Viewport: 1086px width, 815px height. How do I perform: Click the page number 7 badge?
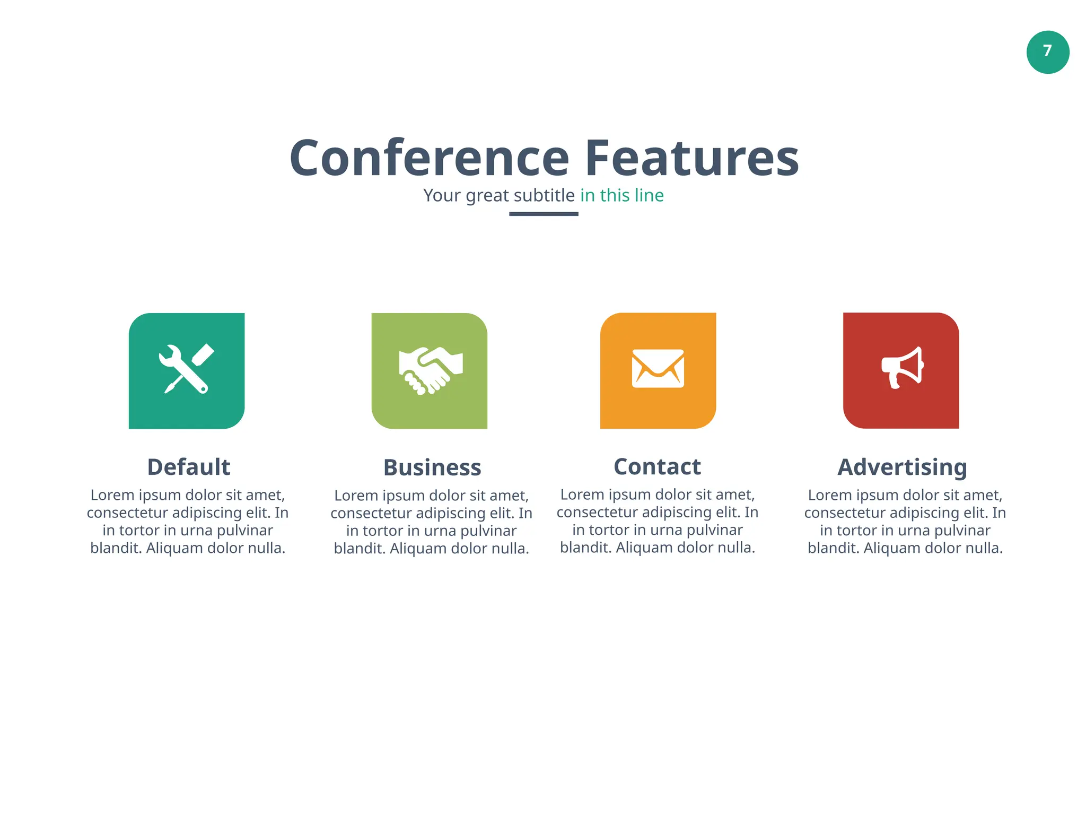pos(1047,52)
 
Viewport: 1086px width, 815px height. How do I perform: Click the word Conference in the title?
pos(430,158)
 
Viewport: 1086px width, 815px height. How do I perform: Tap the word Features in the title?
pos(691,158)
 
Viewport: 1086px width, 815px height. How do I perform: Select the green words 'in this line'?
pos(621,195)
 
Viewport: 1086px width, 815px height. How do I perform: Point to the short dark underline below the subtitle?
pos(544,214)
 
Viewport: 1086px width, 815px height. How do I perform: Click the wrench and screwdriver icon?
pos(187,369)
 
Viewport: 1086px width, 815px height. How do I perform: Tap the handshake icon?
pos(430,370)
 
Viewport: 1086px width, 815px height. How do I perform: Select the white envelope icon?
pos(658,368)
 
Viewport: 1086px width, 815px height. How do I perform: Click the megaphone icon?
pos(902,368)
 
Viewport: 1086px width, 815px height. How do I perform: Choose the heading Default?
pos(189,467)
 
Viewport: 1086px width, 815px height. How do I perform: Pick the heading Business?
pos(432,467)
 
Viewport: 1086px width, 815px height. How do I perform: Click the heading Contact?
pos(657,467)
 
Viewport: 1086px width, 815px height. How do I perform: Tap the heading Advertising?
pos(902,467)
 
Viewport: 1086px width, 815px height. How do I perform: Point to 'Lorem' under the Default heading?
pos(112,495)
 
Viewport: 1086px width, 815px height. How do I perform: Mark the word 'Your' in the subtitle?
pos(442,196)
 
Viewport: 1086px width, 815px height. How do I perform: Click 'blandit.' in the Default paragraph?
pos(116,548)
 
